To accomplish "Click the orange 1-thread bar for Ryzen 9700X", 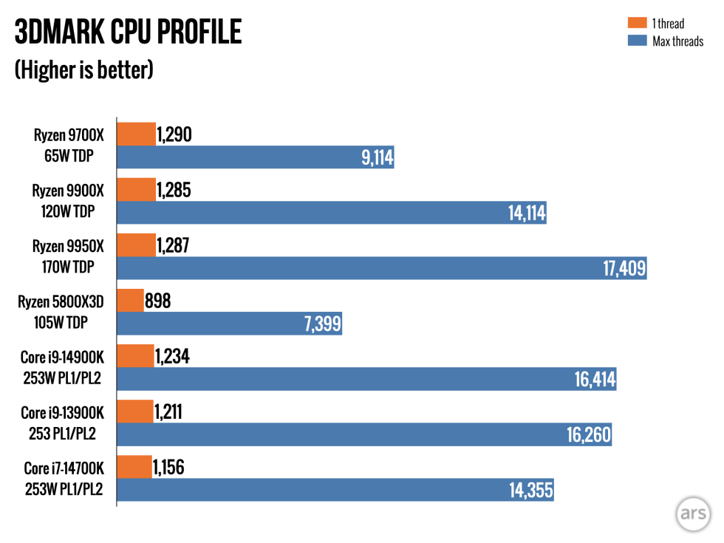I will point(137,134).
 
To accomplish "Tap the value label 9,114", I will point(377,157).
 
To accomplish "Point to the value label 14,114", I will point(526,214).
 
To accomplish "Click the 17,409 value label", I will point(626,269).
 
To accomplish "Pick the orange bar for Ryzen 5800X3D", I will point(131,301).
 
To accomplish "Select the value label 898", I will point(162,301).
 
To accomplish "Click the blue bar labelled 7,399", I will point(229,324).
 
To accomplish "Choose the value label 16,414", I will point(595,380).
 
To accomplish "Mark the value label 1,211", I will point(168,411).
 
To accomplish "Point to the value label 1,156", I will point(168,467).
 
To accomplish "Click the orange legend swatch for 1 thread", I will point(637,23).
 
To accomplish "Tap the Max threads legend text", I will point(677,41).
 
